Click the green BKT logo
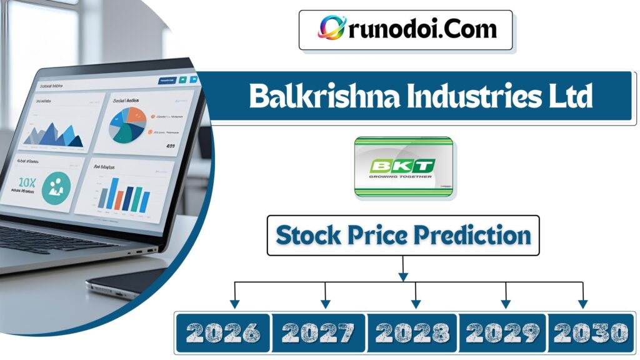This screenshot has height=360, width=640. [404, 167]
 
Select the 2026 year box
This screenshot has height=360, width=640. [222, 332]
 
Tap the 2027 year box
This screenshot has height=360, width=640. [318, 332]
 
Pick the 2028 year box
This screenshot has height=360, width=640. [412, 332]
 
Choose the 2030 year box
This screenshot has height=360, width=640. [590, 332]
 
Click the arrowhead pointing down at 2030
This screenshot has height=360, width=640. [582, 304]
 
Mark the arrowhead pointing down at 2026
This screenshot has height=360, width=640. [234, 304]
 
